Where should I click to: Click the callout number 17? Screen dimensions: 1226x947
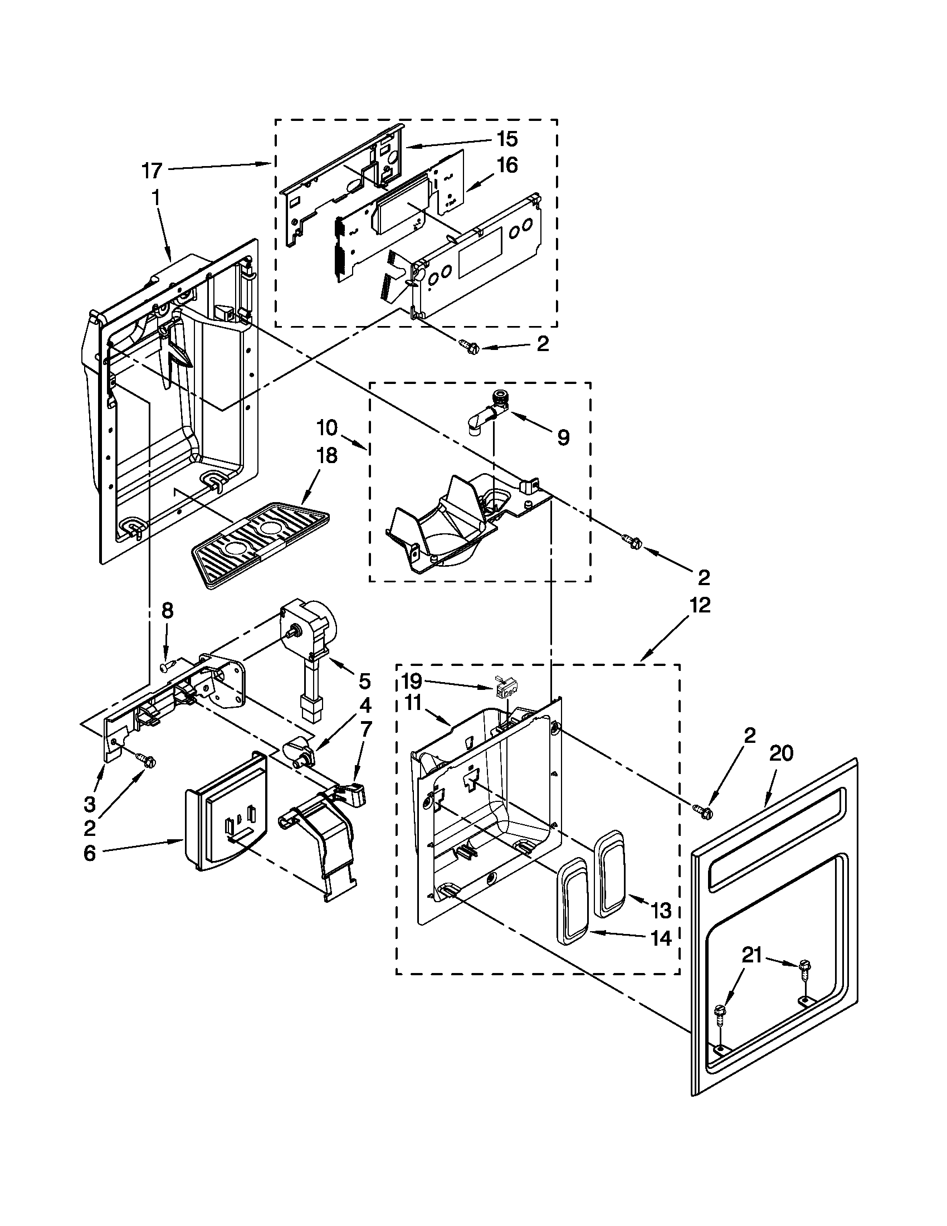coord(152,170)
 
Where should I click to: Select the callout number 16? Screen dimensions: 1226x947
coord(506,166)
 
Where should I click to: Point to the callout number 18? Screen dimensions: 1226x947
coord(326,455)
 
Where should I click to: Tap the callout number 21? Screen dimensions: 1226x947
coord(752,955)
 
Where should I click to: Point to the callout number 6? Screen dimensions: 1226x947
coord(90,854)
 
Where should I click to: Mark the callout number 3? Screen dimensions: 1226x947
coord(90,804)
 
